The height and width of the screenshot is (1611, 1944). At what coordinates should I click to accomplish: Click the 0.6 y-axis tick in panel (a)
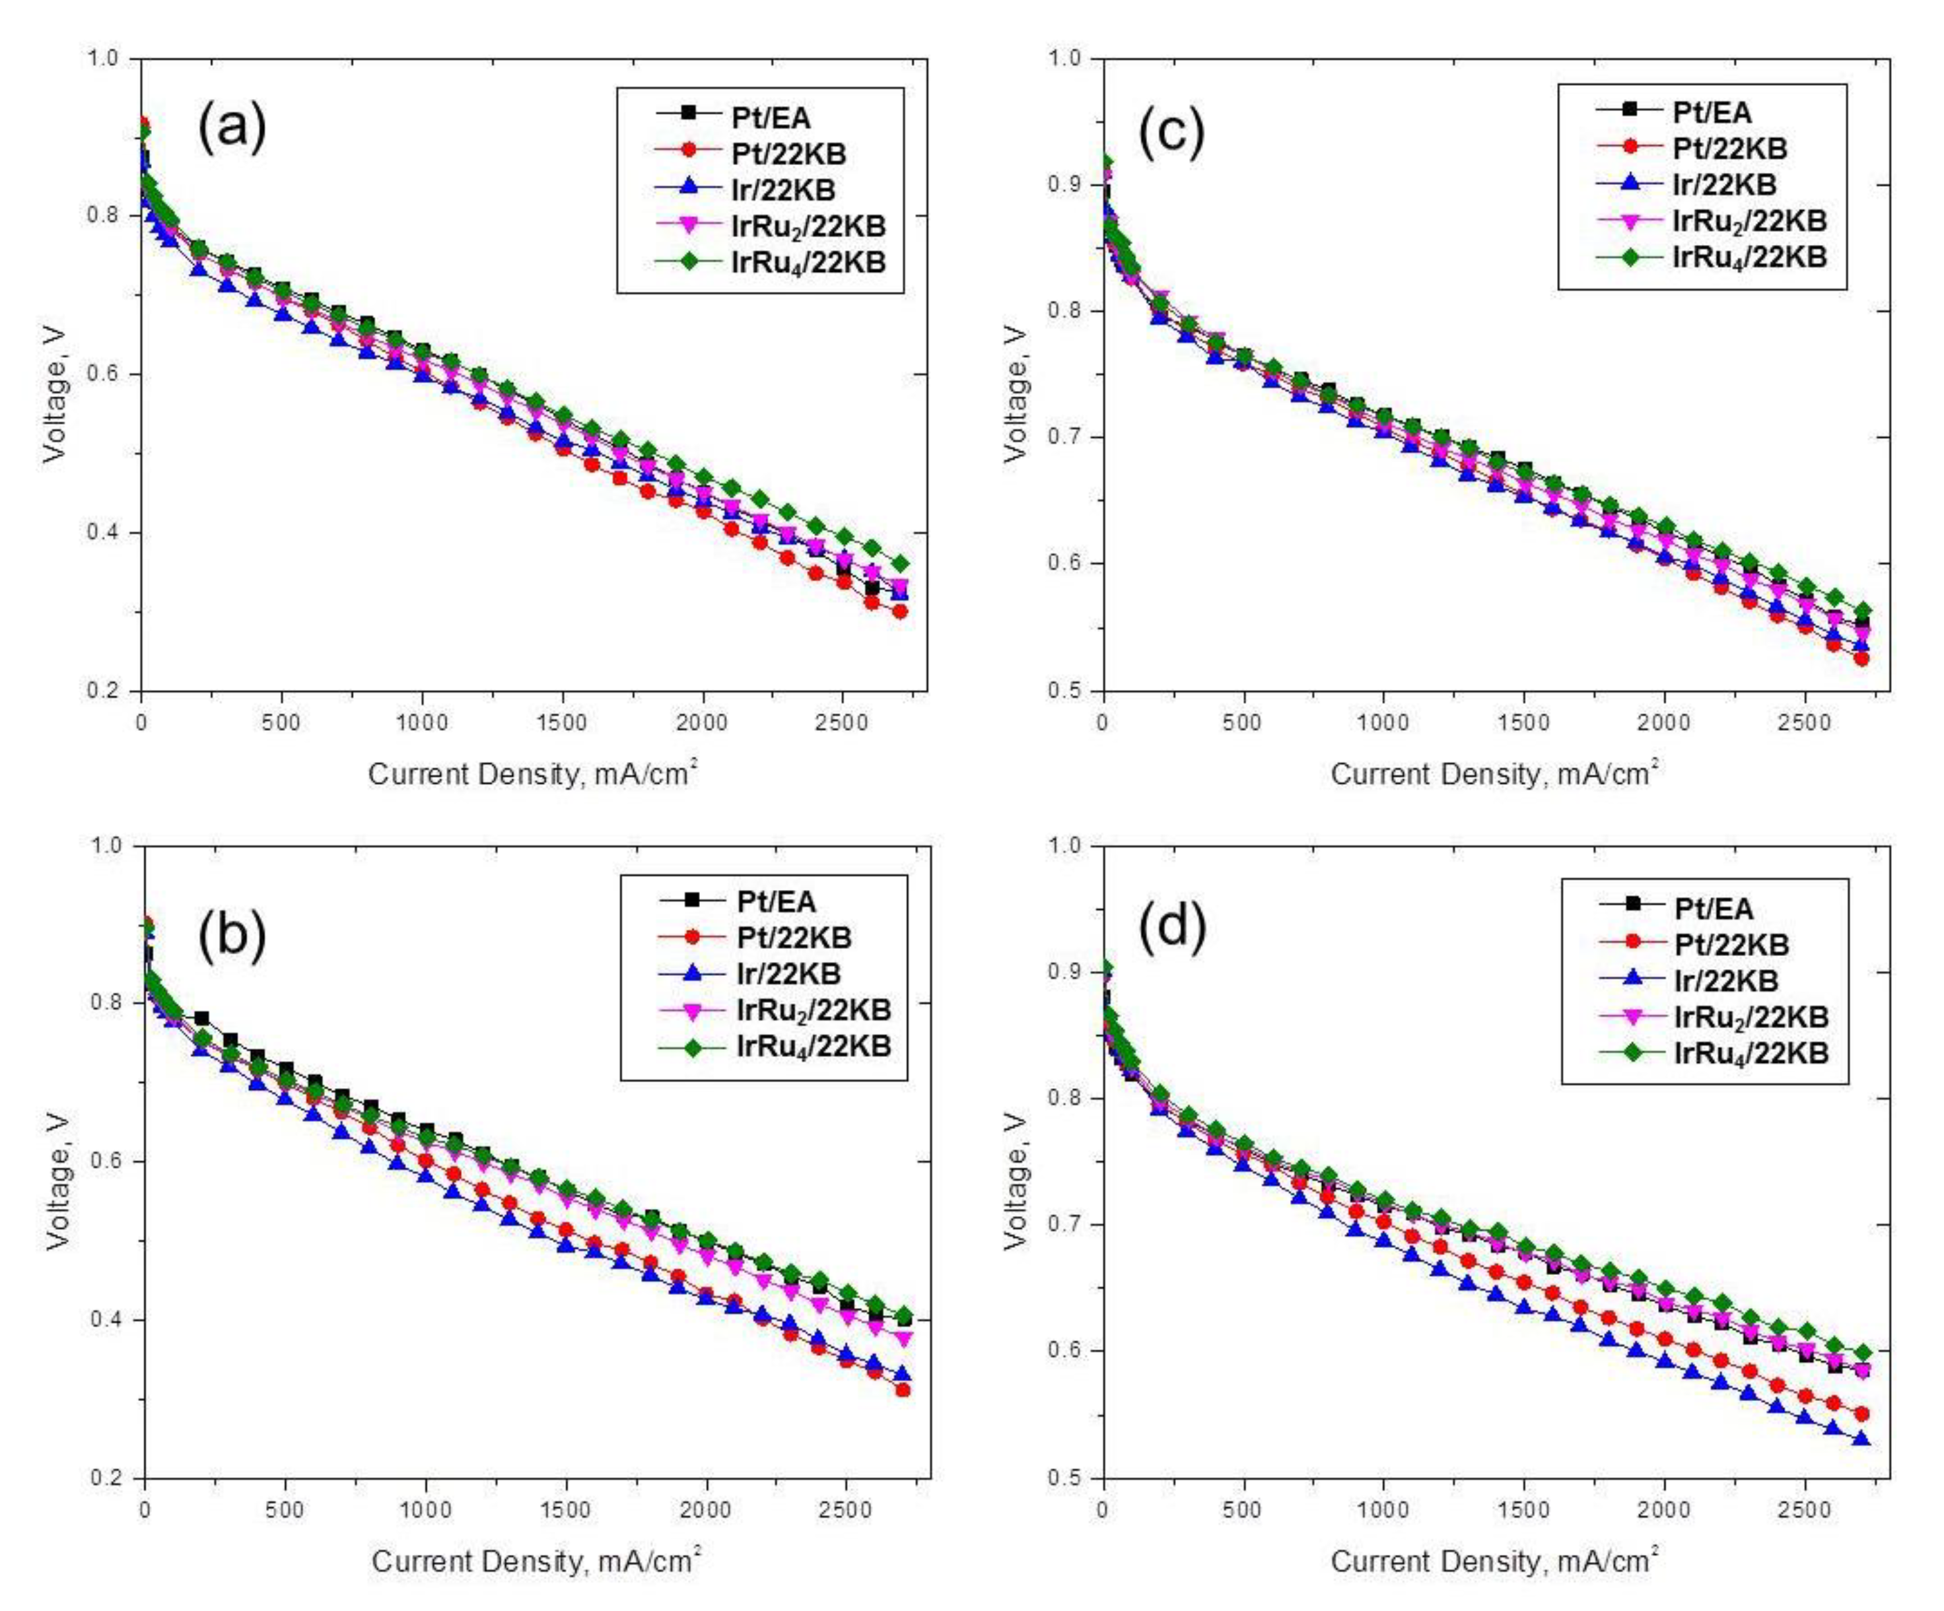click(x=108, y=374)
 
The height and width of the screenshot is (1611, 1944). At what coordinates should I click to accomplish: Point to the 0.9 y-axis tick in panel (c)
click(x=1070, y=184)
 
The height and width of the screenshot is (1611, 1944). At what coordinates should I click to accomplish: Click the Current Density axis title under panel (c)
click(x=1493, y=773)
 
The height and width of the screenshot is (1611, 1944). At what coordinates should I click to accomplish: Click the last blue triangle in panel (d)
click(x=1861, y=1439)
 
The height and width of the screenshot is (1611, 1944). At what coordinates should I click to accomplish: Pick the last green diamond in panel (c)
click(x=1863, y=610)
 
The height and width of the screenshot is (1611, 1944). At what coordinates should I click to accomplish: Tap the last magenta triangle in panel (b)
click(x=905, y=1339)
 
